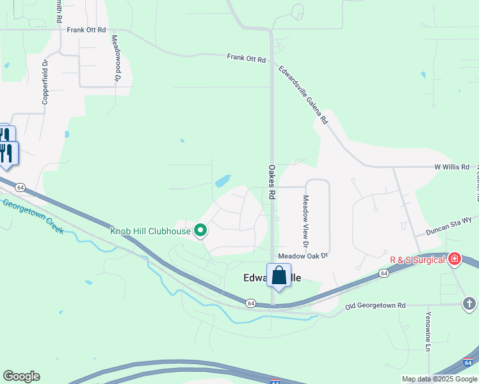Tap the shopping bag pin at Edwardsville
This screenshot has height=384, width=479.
[x=279, y=276]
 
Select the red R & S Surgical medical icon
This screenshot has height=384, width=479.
[x=455, y=259]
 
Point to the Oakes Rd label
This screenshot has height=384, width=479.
[x=272, y=181]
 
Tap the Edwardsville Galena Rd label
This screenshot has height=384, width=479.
[x=302, y=93]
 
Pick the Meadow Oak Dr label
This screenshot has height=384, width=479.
[x=303, y=255]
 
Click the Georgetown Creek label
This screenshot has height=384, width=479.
[x=33, y=217]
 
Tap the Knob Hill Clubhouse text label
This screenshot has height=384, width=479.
[x=150, y=231]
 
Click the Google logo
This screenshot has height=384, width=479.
[x=21, y=376]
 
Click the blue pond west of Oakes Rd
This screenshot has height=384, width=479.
[x=223, y=181]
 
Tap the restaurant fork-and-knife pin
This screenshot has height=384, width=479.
[x=8, y=154]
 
